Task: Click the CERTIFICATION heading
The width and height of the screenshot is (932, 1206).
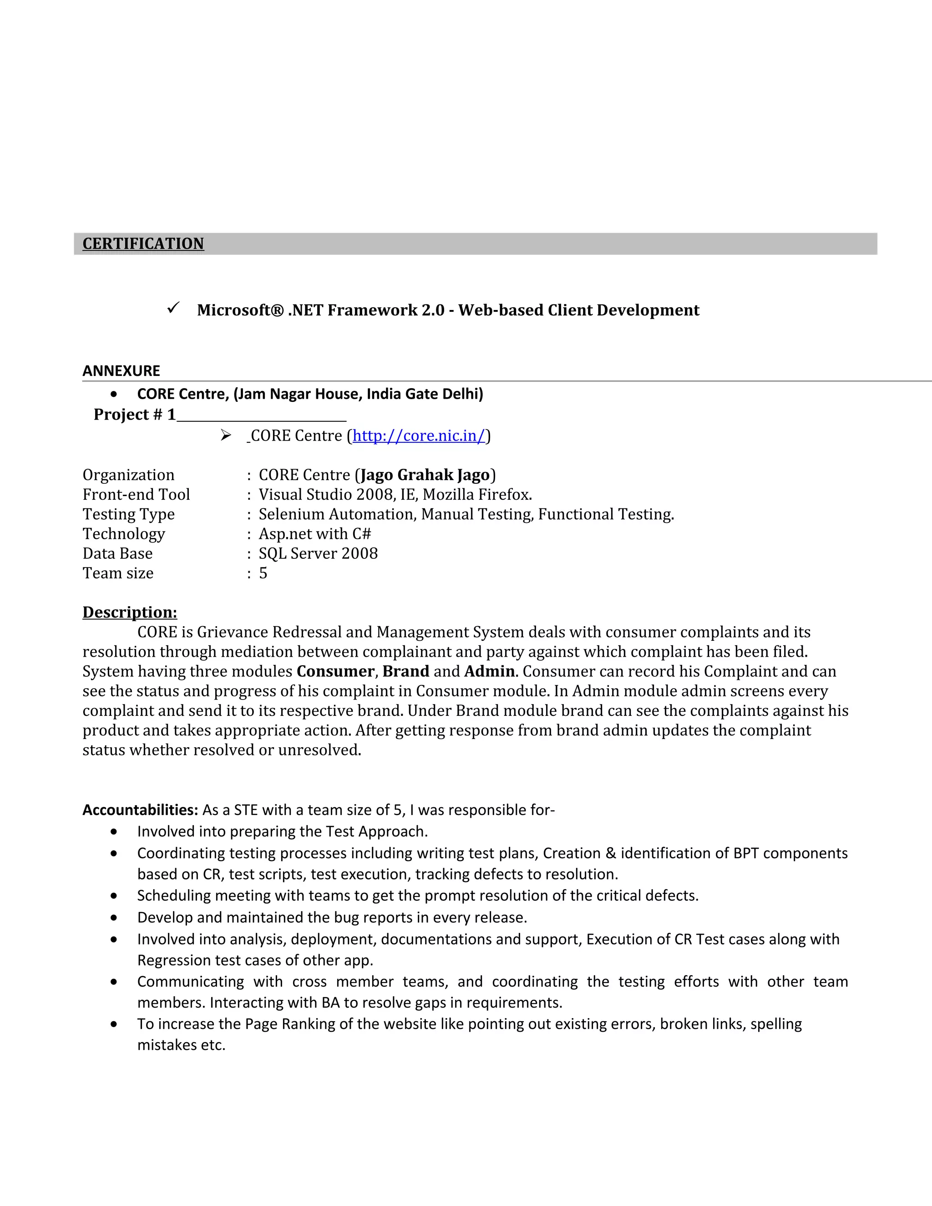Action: click(x=143, y=243)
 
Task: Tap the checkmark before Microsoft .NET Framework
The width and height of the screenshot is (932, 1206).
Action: click(x=173, y=308)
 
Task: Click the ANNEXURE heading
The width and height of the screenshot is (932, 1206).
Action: click(x=121, y=370)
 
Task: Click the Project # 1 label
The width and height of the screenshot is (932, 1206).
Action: click(x=134, y=414)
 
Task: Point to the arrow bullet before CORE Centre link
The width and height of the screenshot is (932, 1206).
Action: click(x=225, y=436)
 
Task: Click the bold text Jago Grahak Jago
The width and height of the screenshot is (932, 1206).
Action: click(x=425, y=475)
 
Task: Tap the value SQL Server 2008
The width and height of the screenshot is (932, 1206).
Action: click(x=318, y=553)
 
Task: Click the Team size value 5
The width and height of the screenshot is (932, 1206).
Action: click(x=263, y=573)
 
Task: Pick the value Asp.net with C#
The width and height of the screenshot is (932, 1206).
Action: click(x=315, y=533)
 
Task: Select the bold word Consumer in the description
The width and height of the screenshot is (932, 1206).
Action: click(x=335, y=671)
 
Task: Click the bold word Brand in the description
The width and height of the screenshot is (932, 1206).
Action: click(x=406, y=671)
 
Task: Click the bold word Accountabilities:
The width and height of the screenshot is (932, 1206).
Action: click(x=140, y=810)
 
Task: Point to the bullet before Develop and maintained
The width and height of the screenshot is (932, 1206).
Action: click(x=114, y=918)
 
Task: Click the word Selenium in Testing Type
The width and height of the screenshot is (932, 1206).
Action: click(x=292, y=514)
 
